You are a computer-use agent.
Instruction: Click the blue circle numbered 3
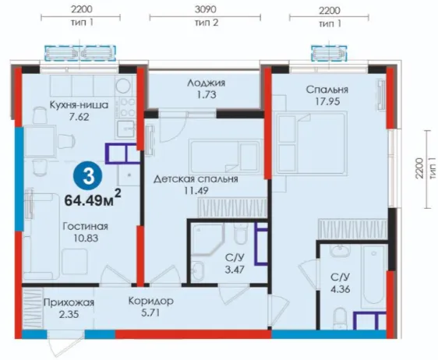(88, 177)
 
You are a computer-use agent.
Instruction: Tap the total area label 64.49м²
(93, 199)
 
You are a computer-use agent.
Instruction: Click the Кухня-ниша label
(79, 105)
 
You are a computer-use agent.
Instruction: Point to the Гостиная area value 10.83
(86, 238)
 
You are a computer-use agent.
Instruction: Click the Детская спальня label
(196, 178)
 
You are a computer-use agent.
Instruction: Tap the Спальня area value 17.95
(327, 101)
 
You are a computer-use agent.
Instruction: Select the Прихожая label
(69, 302)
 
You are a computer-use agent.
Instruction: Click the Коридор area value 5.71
(150, 313)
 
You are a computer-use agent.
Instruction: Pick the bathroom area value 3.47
(235, 270)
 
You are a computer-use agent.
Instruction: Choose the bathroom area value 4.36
(341, 289)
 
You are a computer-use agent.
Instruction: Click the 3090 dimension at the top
(205, 9)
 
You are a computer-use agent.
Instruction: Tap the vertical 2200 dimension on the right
(420, 168)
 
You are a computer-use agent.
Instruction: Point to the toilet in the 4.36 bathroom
(341, 318)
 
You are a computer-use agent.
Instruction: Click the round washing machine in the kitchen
(124, 85)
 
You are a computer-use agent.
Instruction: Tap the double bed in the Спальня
(313, 143)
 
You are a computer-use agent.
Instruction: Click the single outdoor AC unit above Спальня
(330, 53)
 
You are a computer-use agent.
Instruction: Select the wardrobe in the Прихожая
(33, 309)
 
